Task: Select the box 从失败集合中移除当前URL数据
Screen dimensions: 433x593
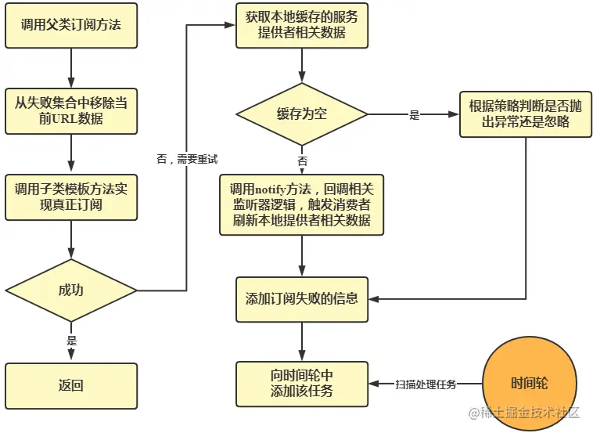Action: pos(70,110)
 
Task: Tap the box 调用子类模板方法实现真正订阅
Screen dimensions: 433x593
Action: pos(70,197)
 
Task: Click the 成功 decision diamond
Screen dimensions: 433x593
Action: pos(70,290)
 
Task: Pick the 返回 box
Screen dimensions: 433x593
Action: pos(70,385)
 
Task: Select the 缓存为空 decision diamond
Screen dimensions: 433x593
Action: pos(301,114)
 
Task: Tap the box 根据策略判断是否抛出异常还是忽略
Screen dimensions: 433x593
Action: pos(525,114)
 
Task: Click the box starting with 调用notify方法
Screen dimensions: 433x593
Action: pos(301,204)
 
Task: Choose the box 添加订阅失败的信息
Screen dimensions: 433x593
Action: pos(301,298)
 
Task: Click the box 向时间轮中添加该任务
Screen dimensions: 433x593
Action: pos(301,384)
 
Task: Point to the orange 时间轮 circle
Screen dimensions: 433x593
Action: pos(529,384)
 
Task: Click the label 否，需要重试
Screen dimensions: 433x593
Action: pos(186,159)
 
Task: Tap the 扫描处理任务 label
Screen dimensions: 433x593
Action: pos(425,384)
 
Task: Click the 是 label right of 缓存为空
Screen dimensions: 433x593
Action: pos(414,115)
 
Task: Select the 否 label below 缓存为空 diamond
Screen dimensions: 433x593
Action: pos(302,161)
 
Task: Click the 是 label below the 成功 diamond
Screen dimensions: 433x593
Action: pos(72,341)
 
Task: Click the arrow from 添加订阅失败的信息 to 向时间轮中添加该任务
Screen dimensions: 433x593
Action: pos(302,341)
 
